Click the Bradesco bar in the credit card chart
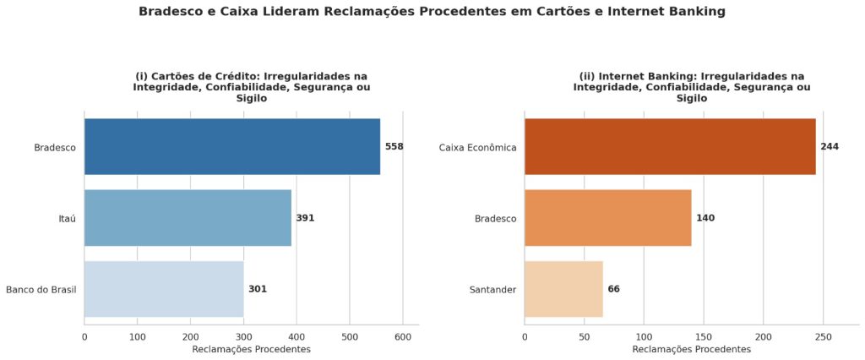(232, 147)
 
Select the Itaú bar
(188, 217)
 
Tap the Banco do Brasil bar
(164, 289)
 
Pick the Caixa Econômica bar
(670, 147)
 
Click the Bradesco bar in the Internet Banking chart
(608, 217)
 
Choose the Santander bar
(563, 289)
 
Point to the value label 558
(394, 147)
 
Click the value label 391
(305, 218)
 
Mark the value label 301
(258, 289)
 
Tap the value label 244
(830, 147)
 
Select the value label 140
(705, 218)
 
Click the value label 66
(614, 289)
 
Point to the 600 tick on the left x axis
(403, 336)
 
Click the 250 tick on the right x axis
(823, 336)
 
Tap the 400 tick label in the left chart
(296, 336)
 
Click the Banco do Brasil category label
(41, 289)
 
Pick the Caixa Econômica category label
(478, 147)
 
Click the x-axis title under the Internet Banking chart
(692, 350)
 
